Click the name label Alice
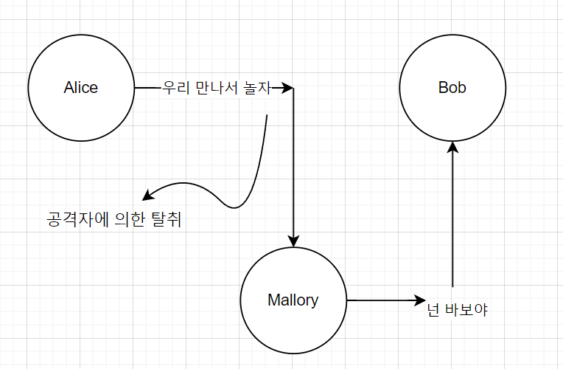pyautogui.click(x=81, y=88)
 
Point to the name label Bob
pyautogui.click(x=452, y=88)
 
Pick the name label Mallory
pyautogui.click(x=293, y=300)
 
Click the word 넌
pyautogui.click(x=435, y=311)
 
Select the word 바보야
pyautogui.click(x=467, y=311)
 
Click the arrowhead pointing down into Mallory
pyautogui.click(x=293, y=241)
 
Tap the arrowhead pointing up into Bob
pyautogui.click(x=452, y=148)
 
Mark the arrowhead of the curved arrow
pyautogui.click(x=147, y=196)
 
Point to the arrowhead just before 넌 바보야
pyautogui.click(x=422, y=300)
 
